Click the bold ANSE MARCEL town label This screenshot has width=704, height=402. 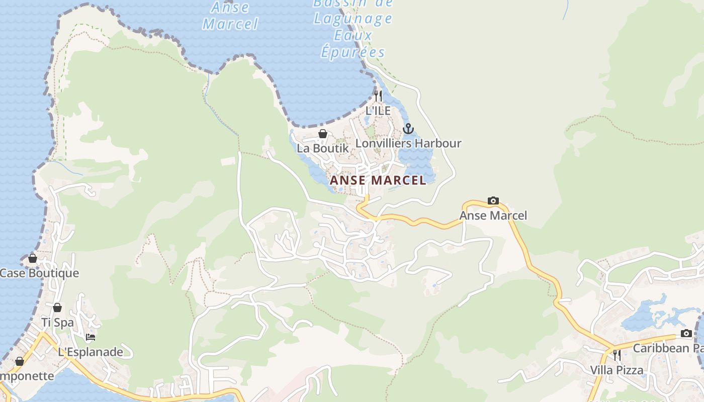pyautogui.click(x=378, y=180)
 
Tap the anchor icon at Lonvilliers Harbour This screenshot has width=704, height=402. pyautogui.click(x=408, y=129)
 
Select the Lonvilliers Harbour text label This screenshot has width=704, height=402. pyautogui.click(x=408, y=143)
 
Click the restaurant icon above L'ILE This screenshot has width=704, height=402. pyautogui.click(x=378, y=95)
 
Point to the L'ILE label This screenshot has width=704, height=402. pyautogui.click(x=378, y=111)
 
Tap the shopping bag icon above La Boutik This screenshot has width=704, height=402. pyautogui.click(x=323, y=134)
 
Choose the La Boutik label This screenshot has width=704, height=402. pyautogui.click(x=323, y=148)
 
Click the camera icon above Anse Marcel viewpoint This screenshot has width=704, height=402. pyautogui.click(x=493, y=201)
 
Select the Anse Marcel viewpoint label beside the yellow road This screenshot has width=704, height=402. pyautogui.click(x=493, y=216)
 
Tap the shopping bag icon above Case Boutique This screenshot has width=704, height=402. pyautogui.click(x=33, y=258)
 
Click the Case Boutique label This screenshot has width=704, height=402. pyautogui.click(x=39, y=273)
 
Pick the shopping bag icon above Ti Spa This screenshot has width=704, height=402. pyautogui.click(x=57, y=308)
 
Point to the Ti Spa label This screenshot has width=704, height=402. pyautogui.click(x=57, y=322)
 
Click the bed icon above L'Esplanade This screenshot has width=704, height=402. pyautogui.click(x=91, y=337)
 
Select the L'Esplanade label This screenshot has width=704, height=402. pyautogui.click(x=91, y=352)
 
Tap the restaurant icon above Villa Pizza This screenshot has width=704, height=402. pyautogui.click(x=617, y=355)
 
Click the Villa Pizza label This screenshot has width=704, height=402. pyautogui.click(x=617, y=370)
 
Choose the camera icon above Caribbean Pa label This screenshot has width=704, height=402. pyautogui.click(x=686, y=333)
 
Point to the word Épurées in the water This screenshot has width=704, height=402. pyautogui.click(x=353, y=52)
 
